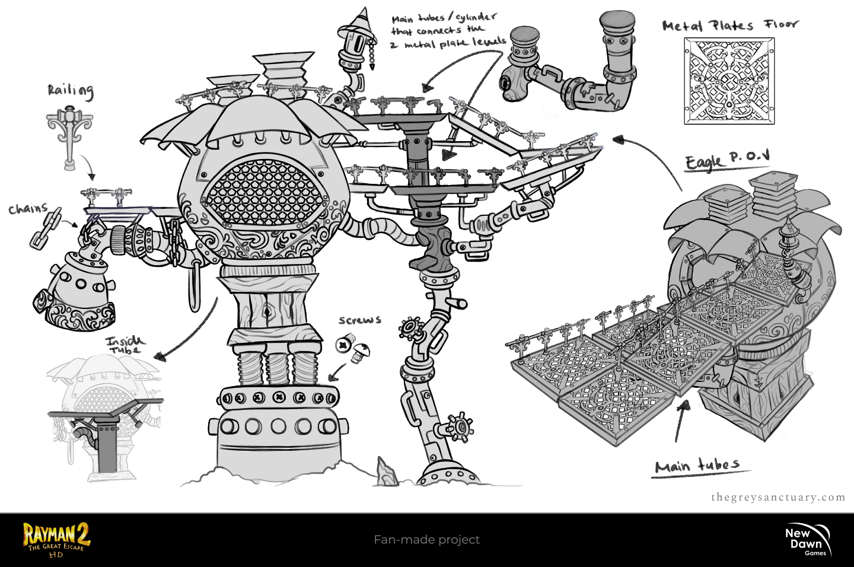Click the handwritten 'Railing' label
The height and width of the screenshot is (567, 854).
71,91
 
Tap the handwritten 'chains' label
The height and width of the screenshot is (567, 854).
28,209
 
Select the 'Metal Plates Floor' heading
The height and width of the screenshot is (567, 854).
730,25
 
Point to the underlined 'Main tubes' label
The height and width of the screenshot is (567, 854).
697,466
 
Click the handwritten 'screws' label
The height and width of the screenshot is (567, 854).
359,320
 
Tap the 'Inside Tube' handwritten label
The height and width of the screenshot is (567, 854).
125,345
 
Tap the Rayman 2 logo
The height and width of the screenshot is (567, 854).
56,539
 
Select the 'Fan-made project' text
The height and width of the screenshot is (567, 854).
426,540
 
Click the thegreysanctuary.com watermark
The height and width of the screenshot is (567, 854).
778,498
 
